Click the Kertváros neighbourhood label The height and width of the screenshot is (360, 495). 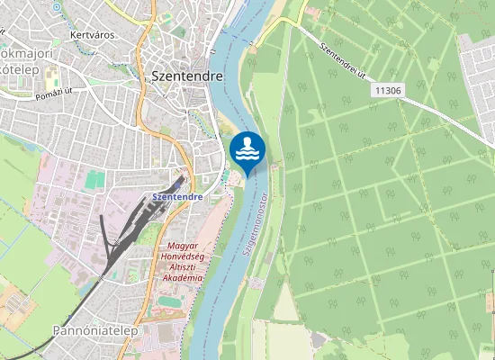88,37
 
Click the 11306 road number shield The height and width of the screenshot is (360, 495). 387,90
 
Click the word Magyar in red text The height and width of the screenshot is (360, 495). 184,245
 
